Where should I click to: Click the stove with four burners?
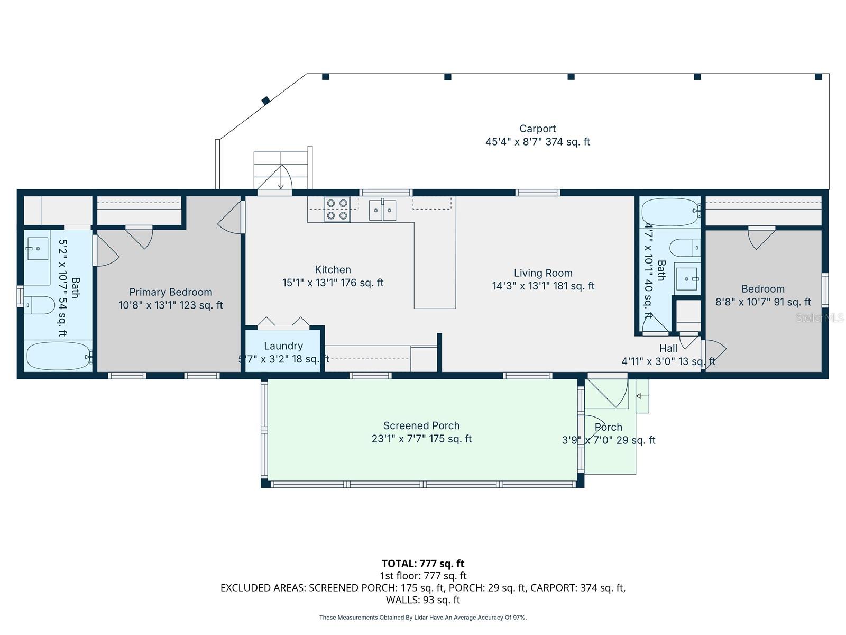[337, 209]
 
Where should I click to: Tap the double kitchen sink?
[382, 210]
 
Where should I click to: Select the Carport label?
[537, 129]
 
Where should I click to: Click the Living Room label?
[543, 273]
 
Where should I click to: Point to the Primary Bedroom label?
[170, 292]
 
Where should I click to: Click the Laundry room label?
[283, 346]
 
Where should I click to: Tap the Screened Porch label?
[421, 425]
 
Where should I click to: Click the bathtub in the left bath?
[59, 356]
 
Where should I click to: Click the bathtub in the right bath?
[669, 212]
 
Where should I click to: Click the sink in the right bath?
[687, 279]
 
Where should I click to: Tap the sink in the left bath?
[37, 248]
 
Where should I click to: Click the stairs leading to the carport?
[280, 169]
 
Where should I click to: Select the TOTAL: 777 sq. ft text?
[423, 564]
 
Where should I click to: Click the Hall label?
[668, 348]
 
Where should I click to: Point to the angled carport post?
[266, 100]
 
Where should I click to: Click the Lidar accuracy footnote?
[423, 618]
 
